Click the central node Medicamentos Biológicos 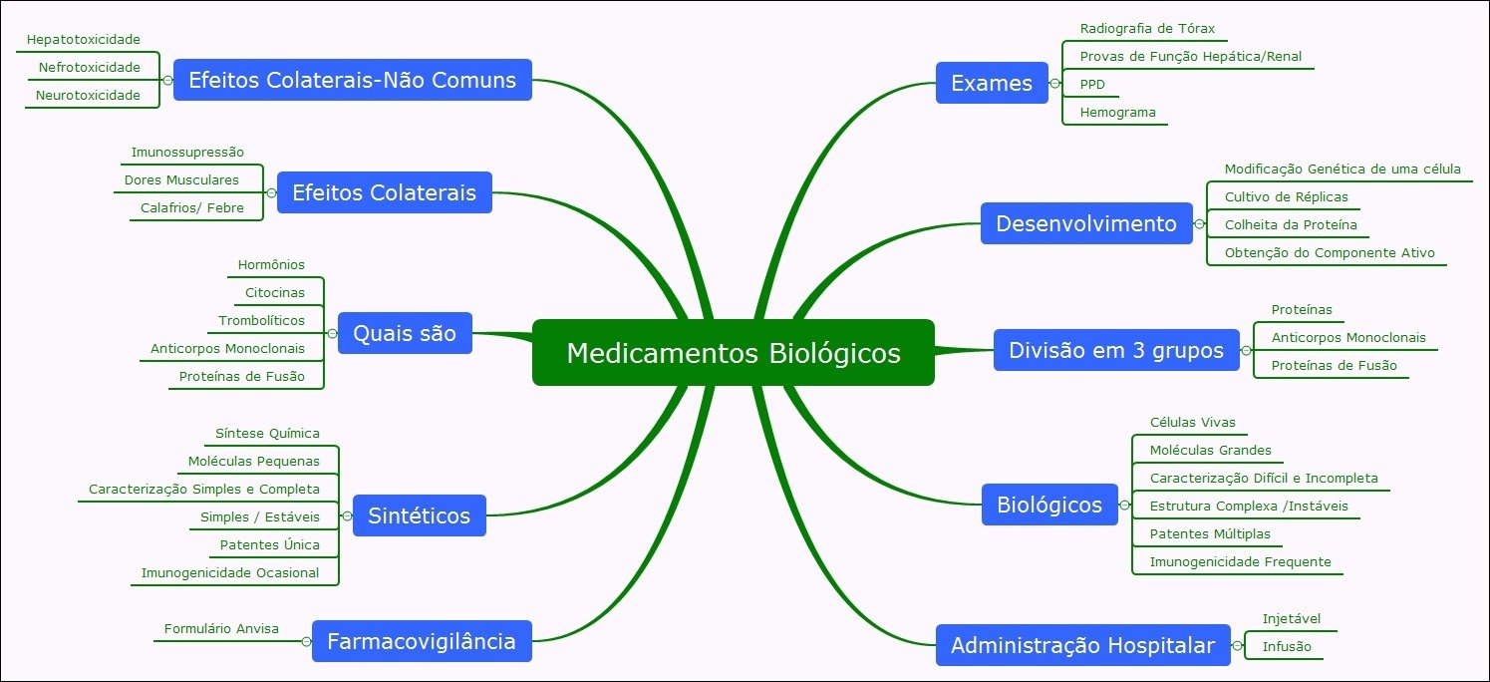733,353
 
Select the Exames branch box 991,83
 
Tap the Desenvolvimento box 1085,223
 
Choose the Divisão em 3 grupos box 1115,350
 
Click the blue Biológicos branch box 1048,505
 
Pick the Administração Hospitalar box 1082,645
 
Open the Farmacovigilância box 421,641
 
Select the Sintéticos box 419,515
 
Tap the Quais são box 404,333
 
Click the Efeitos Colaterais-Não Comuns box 352,80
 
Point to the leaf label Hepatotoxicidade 84,40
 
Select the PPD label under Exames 1092,85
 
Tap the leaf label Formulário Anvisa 221,629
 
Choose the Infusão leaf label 1286,646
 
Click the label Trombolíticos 261,321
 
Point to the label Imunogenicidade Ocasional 230,572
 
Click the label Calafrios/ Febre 185,208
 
